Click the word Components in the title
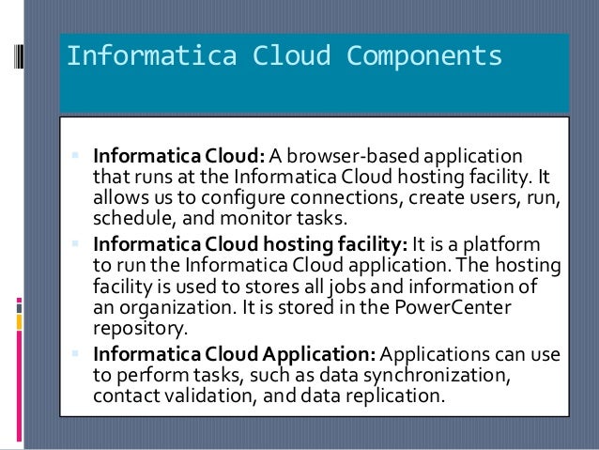click(x=425, y=57)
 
